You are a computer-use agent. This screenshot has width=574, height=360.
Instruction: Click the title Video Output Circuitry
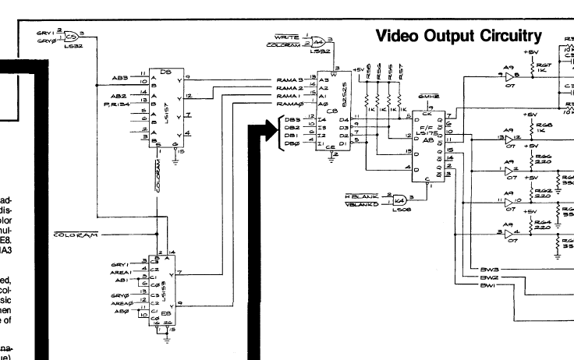(458, 36)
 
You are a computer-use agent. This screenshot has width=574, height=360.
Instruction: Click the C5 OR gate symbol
(70, 37)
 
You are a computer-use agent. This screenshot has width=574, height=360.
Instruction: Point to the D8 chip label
(165, 72)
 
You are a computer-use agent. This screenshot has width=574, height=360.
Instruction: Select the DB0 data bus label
(293, 143)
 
